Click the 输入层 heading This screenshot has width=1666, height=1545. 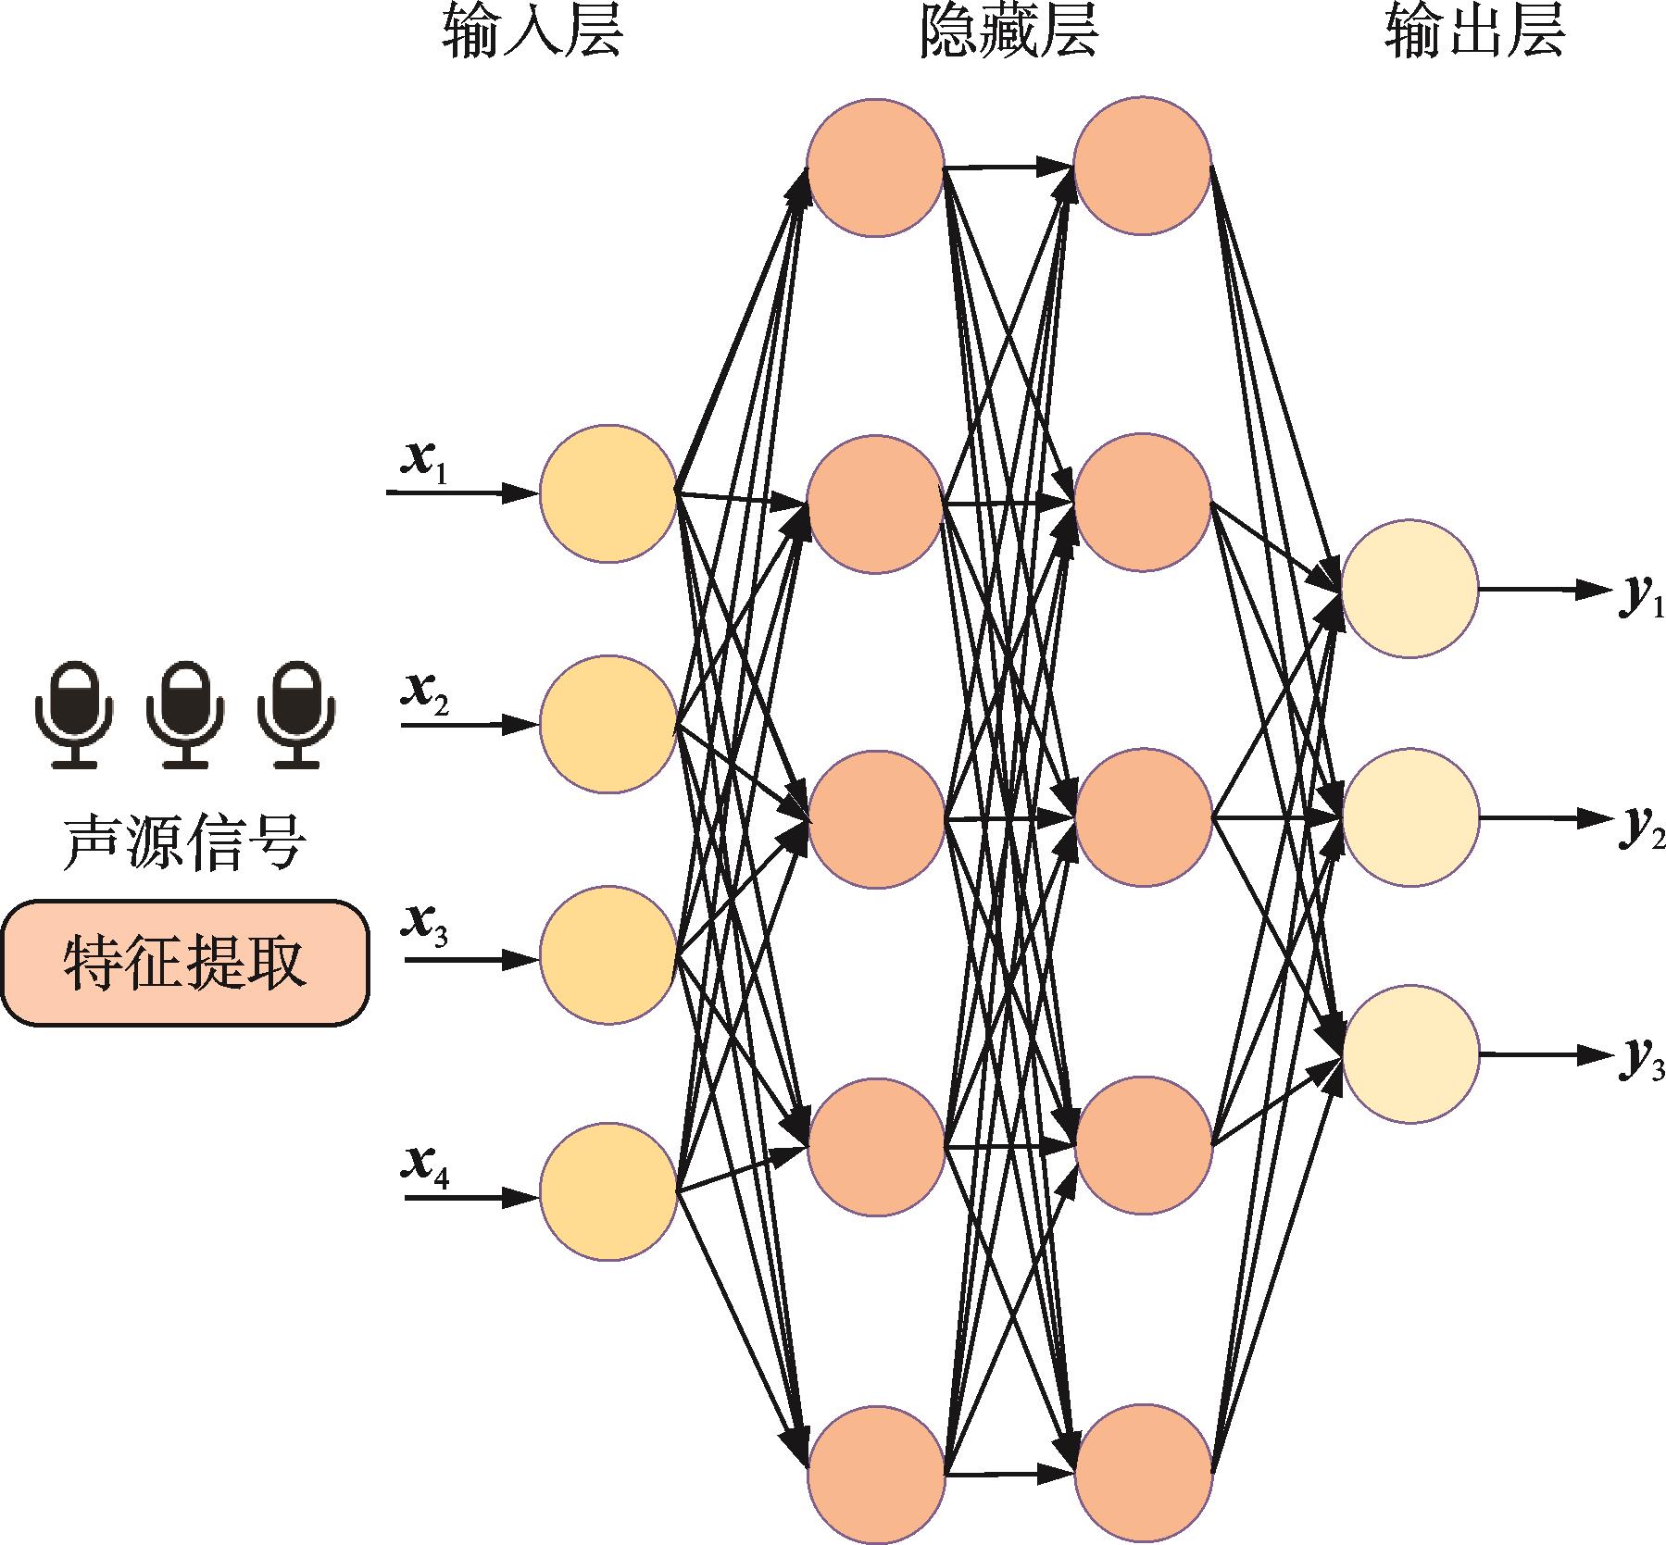pyautogui.click(x=532, y=35)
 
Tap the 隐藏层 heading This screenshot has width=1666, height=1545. pyautogui.click(x=1008, y=35)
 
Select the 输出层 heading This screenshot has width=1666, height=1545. pyautogui.click(x=1474, y=35)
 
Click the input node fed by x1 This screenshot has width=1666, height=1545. pyautogui.click(x=608, y=492)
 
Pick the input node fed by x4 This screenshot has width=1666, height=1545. pyautogui.click(x=608, y=1190)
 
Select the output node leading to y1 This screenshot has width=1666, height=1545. pyautogui.click(x=1409, y=589)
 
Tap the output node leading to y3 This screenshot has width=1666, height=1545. pyautogui.click(x=1409, y=1054)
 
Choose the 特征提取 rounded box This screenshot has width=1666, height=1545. pyautogui.click(x=185, y=964)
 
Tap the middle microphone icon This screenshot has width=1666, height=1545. pyautogui.click(x=185, y=714)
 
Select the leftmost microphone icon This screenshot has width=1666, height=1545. pyautogui.click(x=74, y=714)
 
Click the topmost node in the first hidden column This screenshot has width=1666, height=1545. pyautogui.click(x=875, y=168)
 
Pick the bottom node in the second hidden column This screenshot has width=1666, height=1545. pyautogui.click(x=1144, y=1472)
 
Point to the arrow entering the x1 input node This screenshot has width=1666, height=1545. pyautogui.click(x=463, y=492)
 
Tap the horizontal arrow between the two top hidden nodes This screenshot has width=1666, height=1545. pyautogui.click(x=1009, y=168)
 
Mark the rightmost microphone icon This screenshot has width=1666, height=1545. pyautogui.click(x=296, y=714)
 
